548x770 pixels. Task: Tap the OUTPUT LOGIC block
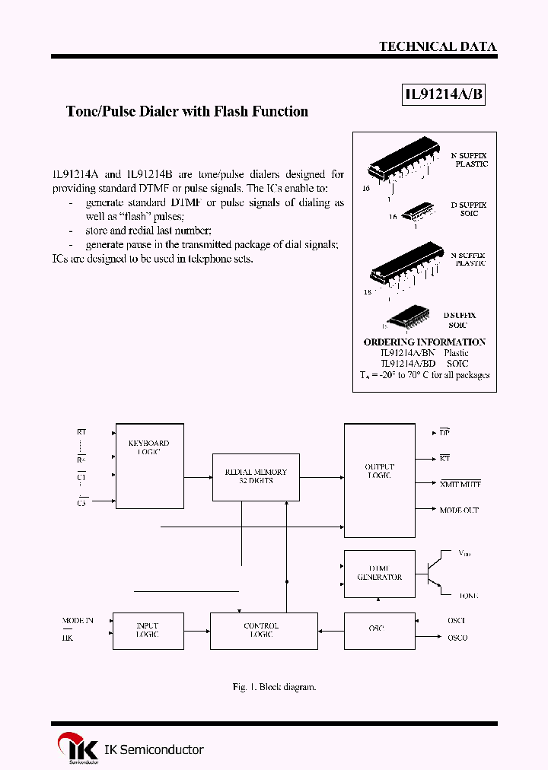tap(379, 480)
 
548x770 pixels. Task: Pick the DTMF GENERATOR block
tap(379, 572)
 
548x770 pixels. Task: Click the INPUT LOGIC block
tap(148, 631)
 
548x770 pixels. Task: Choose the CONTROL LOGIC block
tap(263, 631)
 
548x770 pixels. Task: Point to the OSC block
tap(376, 629)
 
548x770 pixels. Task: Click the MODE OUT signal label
tap(459, 511)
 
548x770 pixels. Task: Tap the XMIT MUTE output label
tap(460, 484)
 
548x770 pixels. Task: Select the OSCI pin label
tap(457, 621)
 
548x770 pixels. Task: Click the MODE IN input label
tap(78, 621)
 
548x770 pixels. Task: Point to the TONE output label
tap(469, 596)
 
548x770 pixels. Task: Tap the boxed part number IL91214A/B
tap(443, 95)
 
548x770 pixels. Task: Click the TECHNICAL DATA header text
tap(438, 46)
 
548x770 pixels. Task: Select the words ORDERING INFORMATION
tap(424, 342)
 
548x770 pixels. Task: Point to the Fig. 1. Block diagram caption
tap(274, 687)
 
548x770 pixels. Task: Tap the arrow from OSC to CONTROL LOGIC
tap(331, 630)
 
